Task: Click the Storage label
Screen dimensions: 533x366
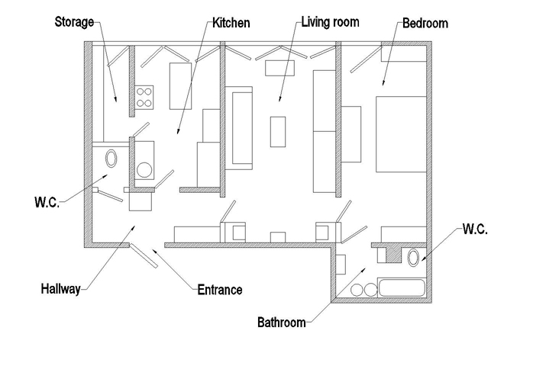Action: pyautogui.click(x=74, y=21)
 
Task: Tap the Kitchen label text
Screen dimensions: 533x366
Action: pyautogui.click(x=231, y=23)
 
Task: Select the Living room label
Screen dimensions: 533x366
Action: pyautogui.click(x=331, y=22)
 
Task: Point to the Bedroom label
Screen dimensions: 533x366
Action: pyautogui.click(x=425, y=23)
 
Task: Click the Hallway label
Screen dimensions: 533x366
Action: pyautogui.click(x=60, y=289)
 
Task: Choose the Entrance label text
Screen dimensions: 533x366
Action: pyautogui.click(x=220, y=290)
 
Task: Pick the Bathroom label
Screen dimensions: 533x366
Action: pyautogui.click(x=282, y=323)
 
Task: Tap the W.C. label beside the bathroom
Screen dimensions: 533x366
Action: pyautogui.click(x=475, y=229)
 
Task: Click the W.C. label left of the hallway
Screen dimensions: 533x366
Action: pyautogui.click(x=47, y=201)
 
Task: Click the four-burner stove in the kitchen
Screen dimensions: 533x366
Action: pyautogui.click(x=144, y=97)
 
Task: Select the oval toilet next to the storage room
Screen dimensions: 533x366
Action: pyautogui.click(x=111, y=158)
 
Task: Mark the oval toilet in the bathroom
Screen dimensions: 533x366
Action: pyautogui.click(x=413, y=258)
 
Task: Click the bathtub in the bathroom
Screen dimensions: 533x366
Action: pyautogui.click(x=402, y=287)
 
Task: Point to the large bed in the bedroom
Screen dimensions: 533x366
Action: pyautogui.click(x=401, y=134)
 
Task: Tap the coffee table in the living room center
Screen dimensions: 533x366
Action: pyautogui.click(x=278, y=132)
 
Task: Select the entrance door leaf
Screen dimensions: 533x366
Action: pyautogui.click(x=144, y=255)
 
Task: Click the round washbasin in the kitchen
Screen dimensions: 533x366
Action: pyautogui.click(x=144, y=170)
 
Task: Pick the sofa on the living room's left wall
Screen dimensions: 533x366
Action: pyautogui.click(x=239, y=128)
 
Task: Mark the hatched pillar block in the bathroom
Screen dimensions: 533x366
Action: pyautogui.click(x=393, y=255)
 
